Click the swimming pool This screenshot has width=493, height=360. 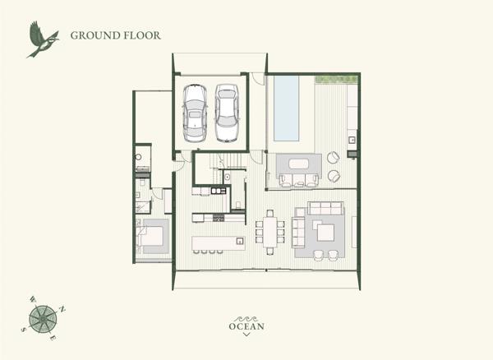286,108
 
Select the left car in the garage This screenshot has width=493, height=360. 195,113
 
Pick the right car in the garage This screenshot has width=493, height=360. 227,113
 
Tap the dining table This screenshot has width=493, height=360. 270,232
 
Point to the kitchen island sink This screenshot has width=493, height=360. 240,241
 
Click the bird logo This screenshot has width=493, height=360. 43,39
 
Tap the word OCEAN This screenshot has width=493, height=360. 246,326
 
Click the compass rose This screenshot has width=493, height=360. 43,319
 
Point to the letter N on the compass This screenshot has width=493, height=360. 62,309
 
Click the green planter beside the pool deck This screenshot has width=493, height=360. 336,79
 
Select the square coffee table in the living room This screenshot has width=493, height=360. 325,233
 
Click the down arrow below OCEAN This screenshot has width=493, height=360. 246,335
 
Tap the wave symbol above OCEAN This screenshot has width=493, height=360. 246,319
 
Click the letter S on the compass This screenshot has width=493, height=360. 23,330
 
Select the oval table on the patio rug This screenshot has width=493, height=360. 299,164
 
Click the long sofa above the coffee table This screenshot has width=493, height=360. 325,208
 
